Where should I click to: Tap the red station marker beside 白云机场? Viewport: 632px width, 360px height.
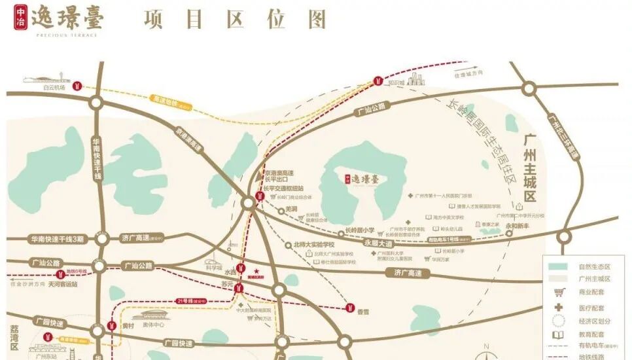[77, 86]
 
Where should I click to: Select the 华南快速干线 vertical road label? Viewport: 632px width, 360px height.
[97, 158]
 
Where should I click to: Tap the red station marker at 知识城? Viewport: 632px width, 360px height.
[377, 81]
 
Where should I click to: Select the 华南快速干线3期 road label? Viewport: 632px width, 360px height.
[57, 240]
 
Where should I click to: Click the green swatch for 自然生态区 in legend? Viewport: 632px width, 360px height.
[558, 267]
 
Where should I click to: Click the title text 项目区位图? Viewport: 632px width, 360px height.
[235, 20]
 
